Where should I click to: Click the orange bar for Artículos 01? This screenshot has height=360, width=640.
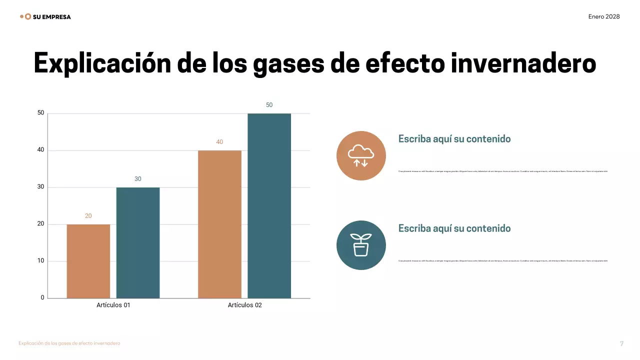point(88,261)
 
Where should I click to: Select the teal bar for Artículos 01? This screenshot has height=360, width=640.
point(138,242)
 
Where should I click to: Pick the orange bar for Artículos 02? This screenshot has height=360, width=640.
point(219,224)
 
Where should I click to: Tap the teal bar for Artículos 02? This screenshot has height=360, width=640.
point(269,205)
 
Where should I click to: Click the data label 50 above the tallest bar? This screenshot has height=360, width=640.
point(269,105)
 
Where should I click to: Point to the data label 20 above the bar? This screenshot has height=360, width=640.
point(88,216)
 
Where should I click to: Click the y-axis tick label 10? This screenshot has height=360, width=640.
point(41,261)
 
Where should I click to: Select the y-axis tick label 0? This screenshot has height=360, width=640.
point(42,298)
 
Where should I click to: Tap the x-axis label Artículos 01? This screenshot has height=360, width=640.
point(113,305)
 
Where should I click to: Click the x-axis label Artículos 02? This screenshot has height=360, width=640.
point(244,305)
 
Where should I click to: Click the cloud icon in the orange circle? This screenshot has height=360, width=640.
point(361,155)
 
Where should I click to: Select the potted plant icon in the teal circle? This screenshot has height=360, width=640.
point(361,245)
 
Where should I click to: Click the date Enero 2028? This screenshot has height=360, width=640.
point(604,16)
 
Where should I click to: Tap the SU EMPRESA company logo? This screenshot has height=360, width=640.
point(45,16)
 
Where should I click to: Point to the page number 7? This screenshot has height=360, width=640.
point(621,343)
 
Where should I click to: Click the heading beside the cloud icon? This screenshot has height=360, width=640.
point(454,139)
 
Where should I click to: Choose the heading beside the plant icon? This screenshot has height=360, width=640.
point(454,228)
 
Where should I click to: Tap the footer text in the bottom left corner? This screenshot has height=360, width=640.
point(69,343)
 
